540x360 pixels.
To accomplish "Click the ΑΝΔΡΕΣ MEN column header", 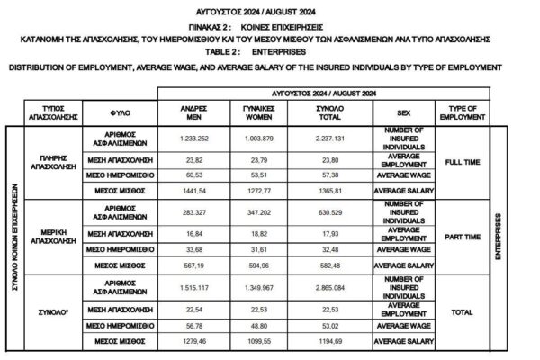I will [x=189, y=112].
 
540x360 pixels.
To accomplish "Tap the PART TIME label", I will [x=460, y=238].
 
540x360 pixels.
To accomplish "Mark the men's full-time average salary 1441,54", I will [x=189, y=192].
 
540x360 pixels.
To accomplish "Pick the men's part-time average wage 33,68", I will [x=189, y=250].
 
